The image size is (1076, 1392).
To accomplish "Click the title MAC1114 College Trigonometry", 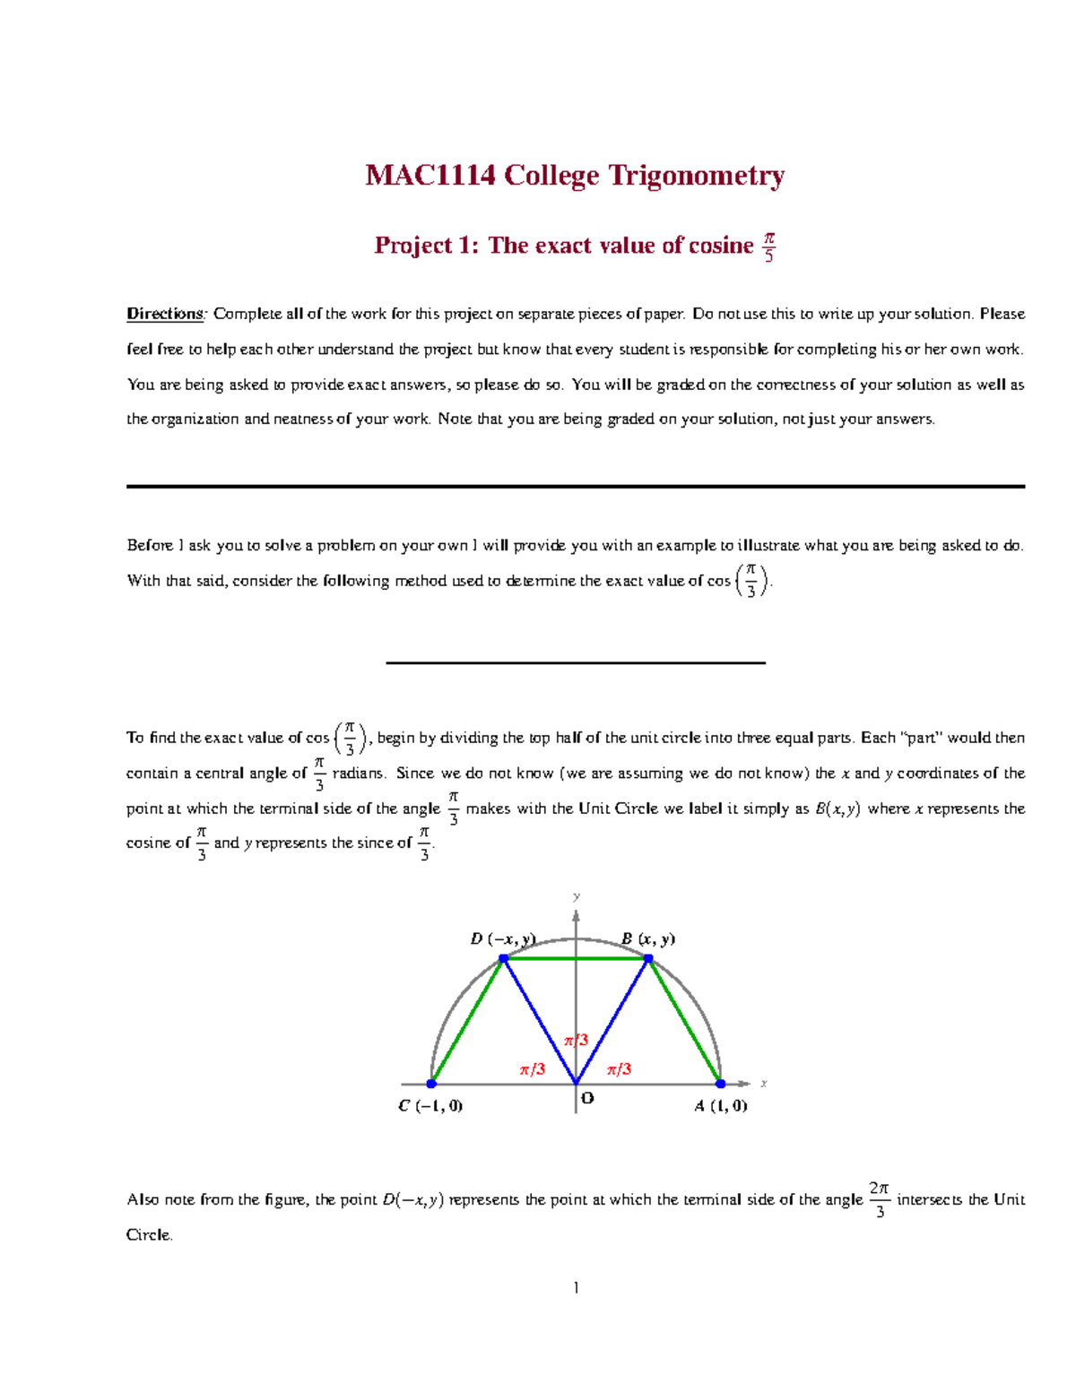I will (x=575, y=175).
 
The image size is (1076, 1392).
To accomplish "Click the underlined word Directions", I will (x=166, y=314).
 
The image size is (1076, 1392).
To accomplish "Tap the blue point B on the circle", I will (x=648, y=958).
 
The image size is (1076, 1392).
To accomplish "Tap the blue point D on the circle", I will (x=504, y=958).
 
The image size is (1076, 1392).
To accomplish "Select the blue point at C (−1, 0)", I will (x=431, y=1084).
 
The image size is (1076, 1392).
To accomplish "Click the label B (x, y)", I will (x=648, y=938).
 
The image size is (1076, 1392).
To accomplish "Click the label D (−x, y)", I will (x=503, y=938).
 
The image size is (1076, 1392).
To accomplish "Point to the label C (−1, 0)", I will (x=430, y=1106).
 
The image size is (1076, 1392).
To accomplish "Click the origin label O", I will (x=587, y=1098).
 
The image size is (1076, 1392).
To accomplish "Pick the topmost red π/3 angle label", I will (x=576, y=1040).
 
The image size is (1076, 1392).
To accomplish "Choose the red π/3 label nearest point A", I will (x=619, y=1069).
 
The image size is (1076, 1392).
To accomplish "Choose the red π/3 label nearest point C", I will (x=533, y=1069).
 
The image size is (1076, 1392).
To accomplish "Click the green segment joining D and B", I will (x=576, y=958).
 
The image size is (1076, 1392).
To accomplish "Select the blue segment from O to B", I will (x=612, y=1021).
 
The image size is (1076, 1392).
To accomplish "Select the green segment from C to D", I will (x=467, y=1021).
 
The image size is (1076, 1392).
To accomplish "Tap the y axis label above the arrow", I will (x=577, y=896).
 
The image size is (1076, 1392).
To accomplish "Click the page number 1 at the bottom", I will (x=576, y=1288).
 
